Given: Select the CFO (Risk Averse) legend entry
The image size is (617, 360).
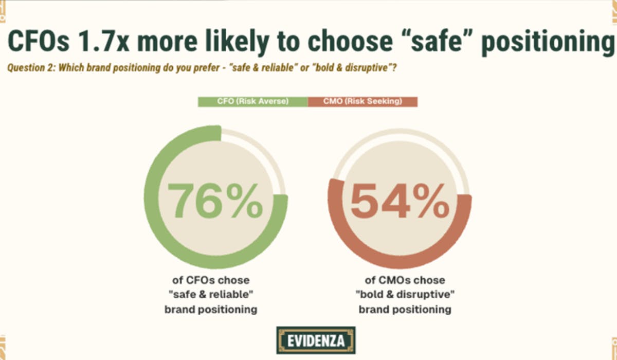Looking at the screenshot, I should [x=252, y=101].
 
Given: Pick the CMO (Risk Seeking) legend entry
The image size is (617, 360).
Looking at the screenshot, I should [x=362, y=101].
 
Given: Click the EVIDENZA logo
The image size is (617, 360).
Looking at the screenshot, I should [x=316, y=340].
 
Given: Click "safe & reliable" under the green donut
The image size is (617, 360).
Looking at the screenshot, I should [x=211, y=295].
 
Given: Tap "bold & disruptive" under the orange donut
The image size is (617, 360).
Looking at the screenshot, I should [x=405, y=295].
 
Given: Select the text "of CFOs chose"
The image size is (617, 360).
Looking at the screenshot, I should [x=211, y=280].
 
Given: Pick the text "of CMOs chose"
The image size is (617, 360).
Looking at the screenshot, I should [x=405, y=280].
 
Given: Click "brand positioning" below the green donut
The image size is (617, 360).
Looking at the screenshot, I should [x=211, y=310].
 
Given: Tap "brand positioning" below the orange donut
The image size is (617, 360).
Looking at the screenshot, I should [x=405, y=310].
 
